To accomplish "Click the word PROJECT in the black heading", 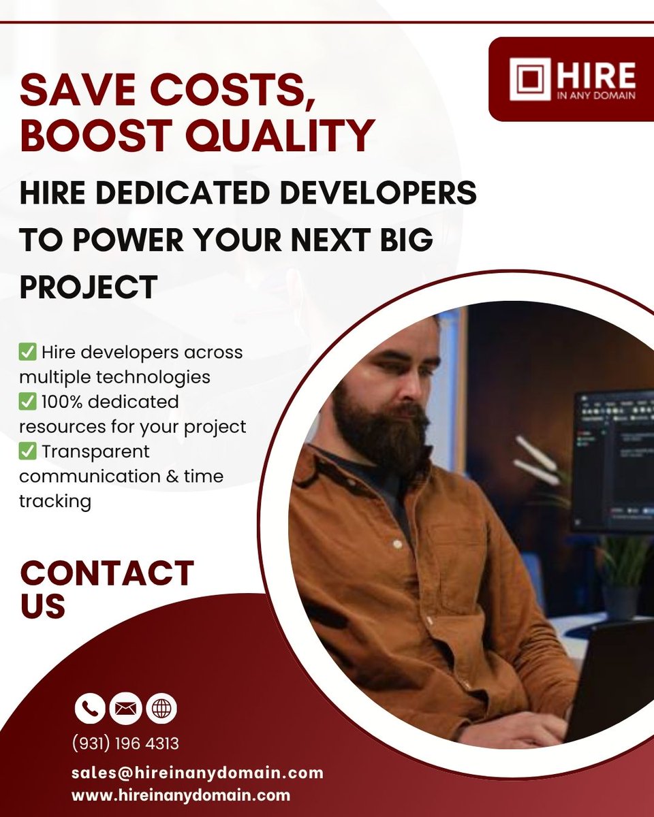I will (x=89, y=285).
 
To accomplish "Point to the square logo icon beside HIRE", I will (x=530, y=79).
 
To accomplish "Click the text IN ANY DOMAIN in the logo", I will (x=595, y=95).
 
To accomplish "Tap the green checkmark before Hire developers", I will (x=28, y=353).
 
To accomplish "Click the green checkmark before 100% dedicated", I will (x=28, y=402).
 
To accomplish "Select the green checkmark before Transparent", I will (x=28, y=451).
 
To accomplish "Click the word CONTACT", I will (x=107, y=573).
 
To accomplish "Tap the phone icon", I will (x=90, y=709).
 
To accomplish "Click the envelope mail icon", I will (x=126, y=709).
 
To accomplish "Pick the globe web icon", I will (x=161, y=709).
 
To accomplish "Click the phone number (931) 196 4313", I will (x=125, y=743).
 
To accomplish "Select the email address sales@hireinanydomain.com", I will (x=197, y=773).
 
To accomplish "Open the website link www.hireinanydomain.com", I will (x=181, y=795).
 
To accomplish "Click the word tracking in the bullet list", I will (x=54, y=501).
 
